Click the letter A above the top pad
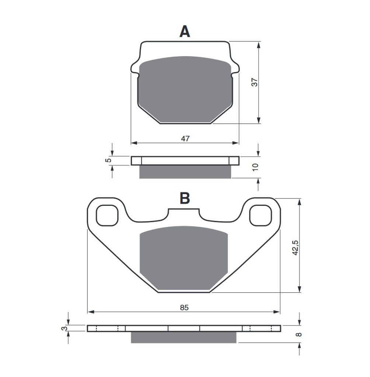tap(185, 32)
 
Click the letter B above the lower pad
tap(185, 198)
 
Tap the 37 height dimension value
tap(254, 82)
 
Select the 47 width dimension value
tap(185, 138)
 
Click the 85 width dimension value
tap(184, 307)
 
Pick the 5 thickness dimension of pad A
tap(109, 160)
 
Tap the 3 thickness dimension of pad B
tap(63, 328)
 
